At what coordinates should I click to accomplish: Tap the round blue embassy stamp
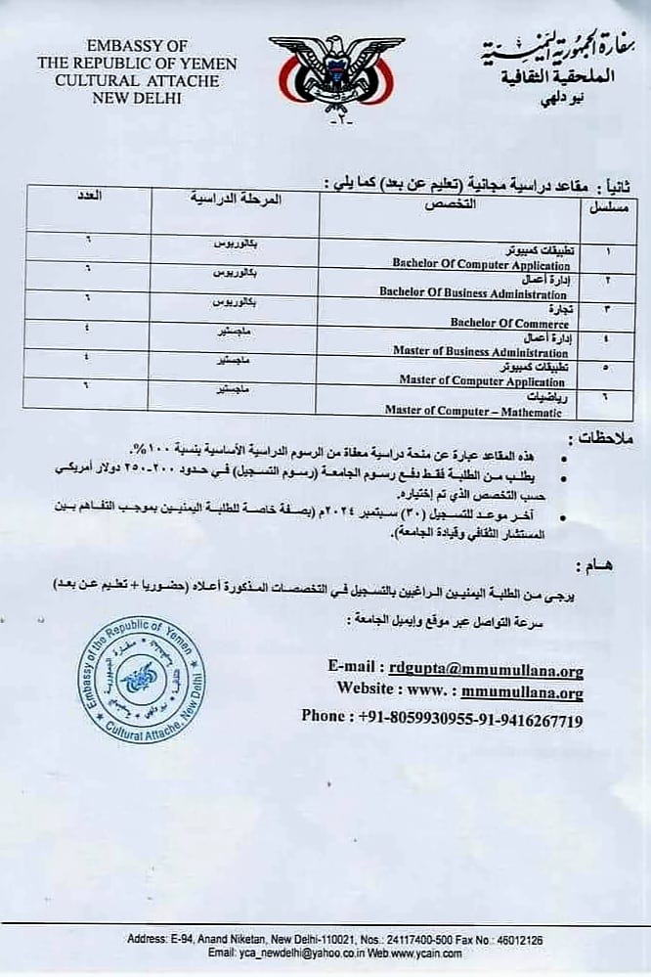(142, 677)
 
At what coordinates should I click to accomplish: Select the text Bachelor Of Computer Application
(481, 265)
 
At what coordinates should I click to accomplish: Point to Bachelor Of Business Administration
(473, 293)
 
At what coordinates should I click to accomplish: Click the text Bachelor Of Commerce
(509, 323)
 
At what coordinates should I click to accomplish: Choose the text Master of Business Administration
(480, 352)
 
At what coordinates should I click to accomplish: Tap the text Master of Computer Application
(484, 380)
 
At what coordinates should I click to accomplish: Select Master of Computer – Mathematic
(476, 410)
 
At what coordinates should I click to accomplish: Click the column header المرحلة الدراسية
(236, 200)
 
